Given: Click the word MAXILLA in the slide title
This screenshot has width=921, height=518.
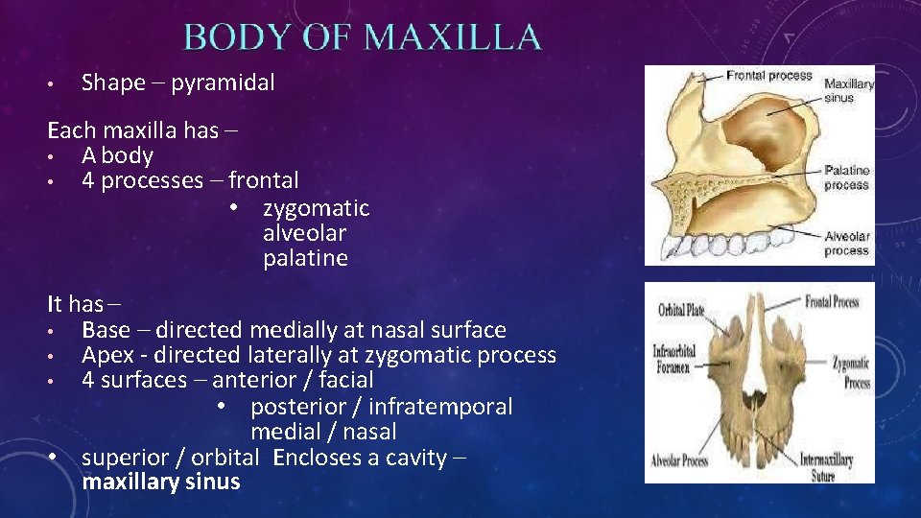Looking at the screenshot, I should pyautogui.click(x=453, y=37).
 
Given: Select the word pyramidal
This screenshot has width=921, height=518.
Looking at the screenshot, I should pyautogui.click(x=223, y=82).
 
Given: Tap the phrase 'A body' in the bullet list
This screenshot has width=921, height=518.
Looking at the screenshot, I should pyautogui.click(x=117, y=155).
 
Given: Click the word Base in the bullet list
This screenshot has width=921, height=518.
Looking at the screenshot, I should pyautogui.click(x=106, y=330).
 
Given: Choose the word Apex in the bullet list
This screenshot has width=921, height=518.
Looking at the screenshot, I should pyautogui.click(x=106, y=355).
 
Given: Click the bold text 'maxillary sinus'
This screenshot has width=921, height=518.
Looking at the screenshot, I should pyautogui.click(x=161, y=482).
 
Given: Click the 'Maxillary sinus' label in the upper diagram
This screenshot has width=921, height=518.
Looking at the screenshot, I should pyautogui.click(x=849, y=90).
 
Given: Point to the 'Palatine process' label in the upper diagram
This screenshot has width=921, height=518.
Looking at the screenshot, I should pyautogui.click(x=846, y=177).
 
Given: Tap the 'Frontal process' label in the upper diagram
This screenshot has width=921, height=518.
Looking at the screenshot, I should pyautogui.click(x=768, y=76).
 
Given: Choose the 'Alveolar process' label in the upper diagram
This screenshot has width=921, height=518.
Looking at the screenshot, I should pyautogui.click(x=846, y=244).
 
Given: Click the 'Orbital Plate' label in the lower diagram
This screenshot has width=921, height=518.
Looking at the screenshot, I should pyautogui.click(x=681, y=311).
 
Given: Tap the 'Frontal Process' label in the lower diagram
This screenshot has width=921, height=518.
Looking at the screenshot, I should pyautogui.click(x=833, y=302).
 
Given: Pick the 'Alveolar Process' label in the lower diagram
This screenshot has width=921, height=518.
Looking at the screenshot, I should pyautogui.click(x=678, y=460).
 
